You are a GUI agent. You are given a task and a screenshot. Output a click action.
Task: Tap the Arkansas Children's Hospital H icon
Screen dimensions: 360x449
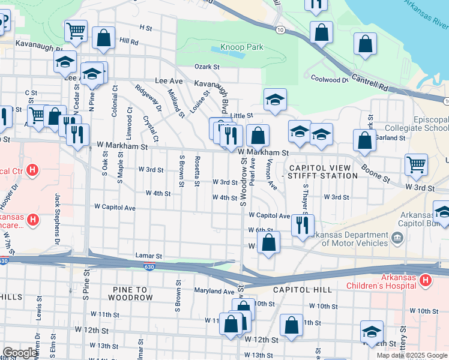(426, 280)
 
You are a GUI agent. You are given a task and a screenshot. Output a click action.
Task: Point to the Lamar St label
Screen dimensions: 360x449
(149, 256)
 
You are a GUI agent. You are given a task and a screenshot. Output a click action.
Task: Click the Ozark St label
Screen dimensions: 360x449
(206, 67)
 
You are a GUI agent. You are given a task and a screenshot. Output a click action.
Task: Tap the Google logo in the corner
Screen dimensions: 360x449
(20, 353)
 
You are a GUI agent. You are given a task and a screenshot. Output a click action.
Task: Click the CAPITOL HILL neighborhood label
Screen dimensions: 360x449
(302, 290)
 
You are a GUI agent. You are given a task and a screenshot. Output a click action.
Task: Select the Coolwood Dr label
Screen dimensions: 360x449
(329, 79)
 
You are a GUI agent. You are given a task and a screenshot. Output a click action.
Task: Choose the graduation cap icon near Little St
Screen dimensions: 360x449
(275, 99)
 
